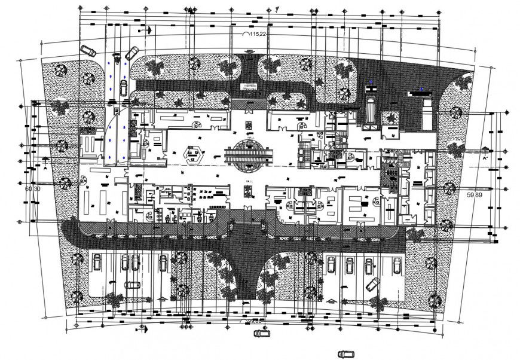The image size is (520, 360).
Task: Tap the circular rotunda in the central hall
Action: (247, 154)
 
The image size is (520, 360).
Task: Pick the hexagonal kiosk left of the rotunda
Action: (193, 154)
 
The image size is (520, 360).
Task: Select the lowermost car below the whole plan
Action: (343, 353)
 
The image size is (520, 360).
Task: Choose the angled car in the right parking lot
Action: (373, 283)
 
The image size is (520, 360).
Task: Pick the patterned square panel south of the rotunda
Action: (247, 191)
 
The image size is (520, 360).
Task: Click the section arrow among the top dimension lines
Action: (144, 29)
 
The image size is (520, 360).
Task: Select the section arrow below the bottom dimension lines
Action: (143, 328)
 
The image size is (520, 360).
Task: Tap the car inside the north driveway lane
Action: (123, 89)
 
